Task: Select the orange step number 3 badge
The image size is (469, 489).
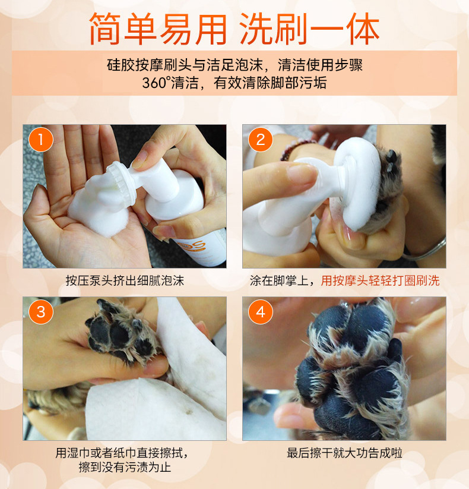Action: click(41, 312)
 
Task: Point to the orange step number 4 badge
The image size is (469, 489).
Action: click(260, 312)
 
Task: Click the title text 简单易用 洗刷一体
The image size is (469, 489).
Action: click(234, 28)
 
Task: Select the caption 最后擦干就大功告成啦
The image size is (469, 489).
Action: click(344, 453)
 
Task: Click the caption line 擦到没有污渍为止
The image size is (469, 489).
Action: click(125, 467)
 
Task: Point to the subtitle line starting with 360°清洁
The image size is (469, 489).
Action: click(234, 83)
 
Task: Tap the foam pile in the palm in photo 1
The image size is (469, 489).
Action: click(95, 205)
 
